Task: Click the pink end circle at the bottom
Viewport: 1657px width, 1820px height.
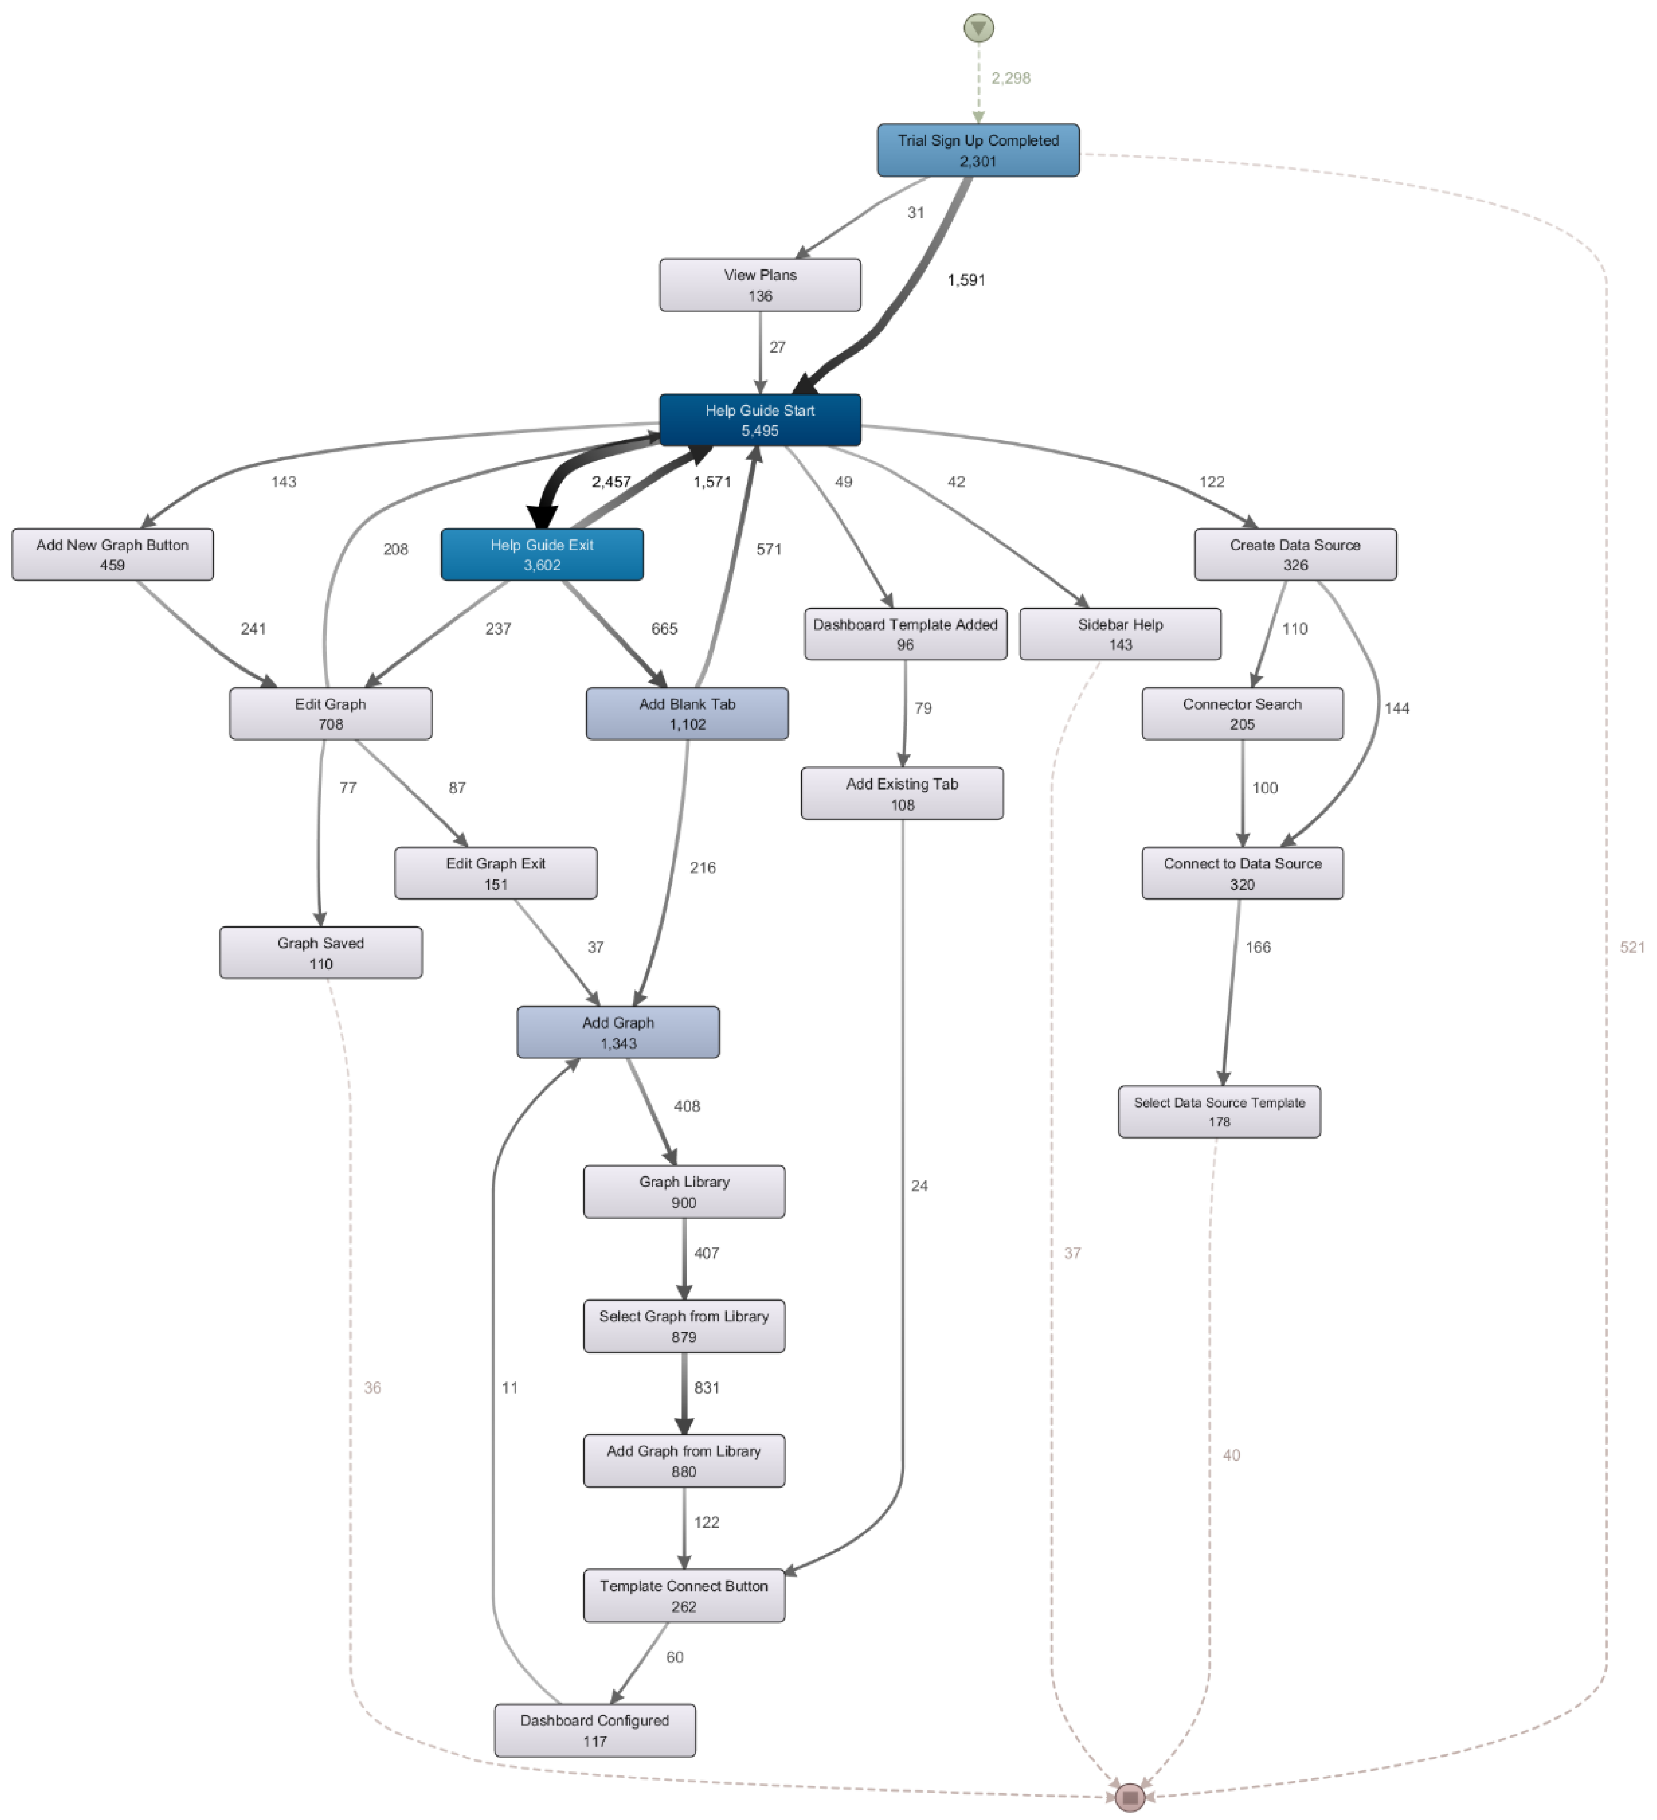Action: (1130, 1796)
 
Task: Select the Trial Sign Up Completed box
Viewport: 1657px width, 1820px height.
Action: (978, 150)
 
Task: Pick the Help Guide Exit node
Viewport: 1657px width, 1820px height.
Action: (542, 554)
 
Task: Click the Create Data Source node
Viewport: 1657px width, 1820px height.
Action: (1295, 554)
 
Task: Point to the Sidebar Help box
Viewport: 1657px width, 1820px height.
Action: (1120, 634)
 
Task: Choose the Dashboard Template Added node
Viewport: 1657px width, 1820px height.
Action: (905, 634)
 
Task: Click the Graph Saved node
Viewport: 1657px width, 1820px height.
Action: (321, 952)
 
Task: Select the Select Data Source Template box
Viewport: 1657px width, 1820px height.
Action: (1219, 1111)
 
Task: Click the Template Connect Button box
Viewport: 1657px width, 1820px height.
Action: (684, 1595)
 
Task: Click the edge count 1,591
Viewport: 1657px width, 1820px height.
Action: (966, 280)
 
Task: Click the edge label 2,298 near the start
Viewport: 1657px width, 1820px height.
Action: (1011, 78)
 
